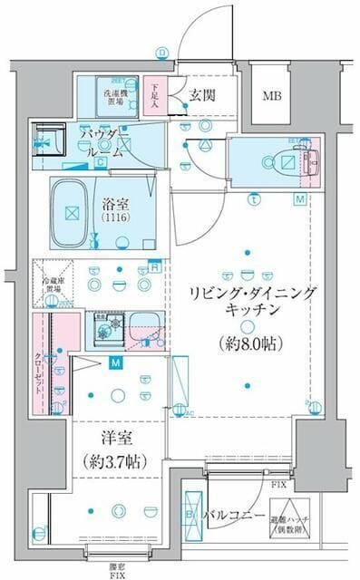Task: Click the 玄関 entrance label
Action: click(201, 95)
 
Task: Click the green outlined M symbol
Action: click(299, 198)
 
